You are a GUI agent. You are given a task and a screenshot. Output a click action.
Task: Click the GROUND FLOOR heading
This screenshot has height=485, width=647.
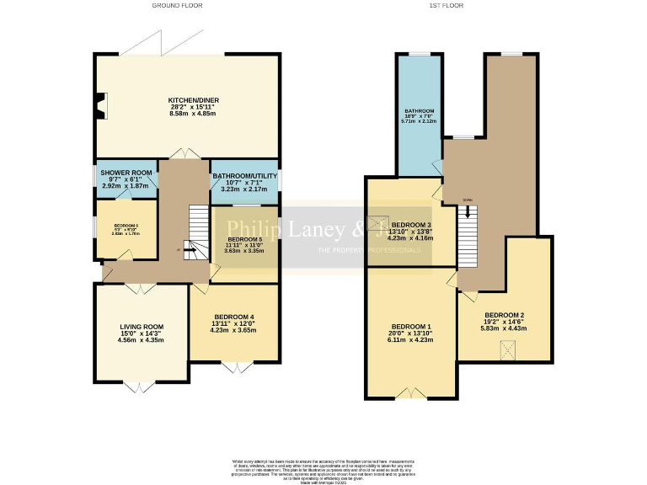point(177,5)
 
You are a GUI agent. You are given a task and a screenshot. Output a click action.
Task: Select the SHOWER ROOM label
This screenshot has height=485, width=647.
point(126,173)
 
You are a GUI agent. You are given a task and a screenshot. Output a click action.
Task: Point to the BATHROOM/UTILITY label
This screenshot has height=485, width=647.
point(244,176)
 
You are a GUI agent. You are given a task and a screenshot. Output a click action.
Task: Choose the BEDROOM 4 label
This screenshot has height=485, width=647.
point(233,317)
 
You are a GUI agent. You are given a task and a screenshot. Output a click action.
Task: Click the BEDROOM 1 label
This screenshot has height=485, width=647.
point(411,327)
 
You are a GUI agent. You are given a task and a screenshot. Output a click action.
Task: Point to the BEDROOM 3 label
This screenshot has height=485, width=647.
point(411,225)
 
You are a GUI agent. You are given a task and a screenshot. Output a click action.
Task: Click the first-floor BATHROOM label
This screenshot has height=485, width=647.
point(419,111)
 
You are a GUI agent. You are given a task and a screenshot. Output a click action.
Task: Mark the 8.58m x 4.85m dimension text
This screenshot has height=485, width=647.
point(194,113)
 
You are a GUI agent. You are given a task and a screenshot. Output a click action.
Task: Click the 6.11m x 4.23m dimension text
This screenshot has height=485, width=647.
point(411,339)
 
